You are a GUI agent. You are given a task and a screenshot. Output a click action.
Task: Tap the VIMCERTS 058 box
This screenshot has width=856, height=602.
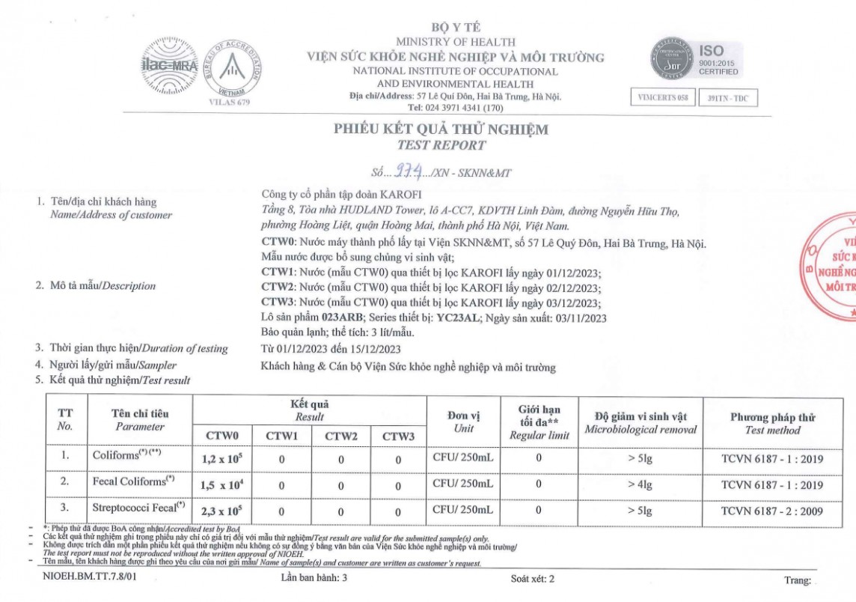pyautogui.click(x=663, y=98)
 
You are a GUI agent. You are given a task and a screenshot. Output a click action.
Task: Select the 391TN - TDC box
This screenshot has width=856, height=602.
pyautogui.click(x=727, y=98)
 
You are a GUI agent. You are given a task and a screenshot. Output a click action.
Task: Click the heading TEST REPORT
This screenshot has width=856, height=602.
pyautogui.click(x=441, y=145)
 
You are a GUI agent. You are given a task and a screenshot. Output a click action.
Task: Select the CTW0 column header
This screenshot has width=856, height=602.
pyautogui.click(x=221, y=436)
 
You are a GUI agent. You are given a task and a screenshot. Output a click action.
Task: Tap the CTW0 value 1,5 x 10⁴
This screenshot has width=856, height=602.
pyautogui.click(x=221, y=485)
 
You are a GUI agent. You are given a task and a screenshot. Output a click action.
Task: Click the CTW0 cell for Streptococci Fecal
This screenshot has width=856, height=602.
pyautogui.click(x=221, y=511)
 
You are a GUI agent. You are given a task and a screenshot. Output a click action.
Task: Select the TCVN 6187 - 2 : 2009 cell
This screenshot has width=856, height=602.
pyautogui.click(x=772, y=511)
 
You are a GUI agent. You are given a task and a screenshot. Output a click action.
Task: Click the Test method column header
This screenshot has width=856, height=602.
pyautogui.click(x=772, y=424)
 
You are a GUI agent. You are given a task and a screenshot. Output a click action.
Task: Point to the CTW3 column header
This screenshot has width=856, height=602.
pyautogui.click(x=397, y=436)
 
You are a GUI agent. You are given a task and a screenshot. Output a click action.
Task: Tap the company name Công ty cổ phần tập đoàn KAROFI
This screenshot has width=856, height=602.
pyautogui.click(x=342, y=195)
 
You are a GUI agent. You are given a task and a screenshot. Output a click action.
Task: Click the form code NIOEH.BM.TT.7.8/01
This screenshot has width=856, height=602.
pyautogui.click(x=90, y=578)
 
